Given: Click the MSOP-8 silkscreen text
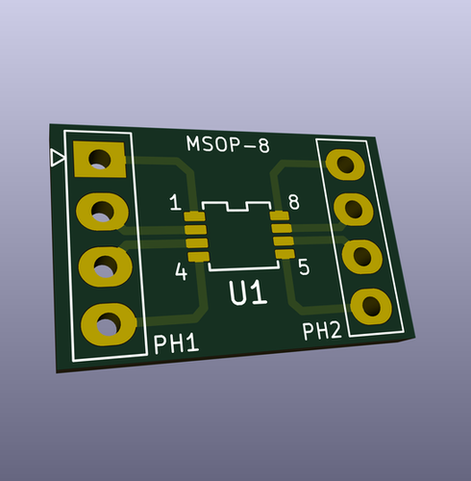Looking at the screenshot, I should point(229,146).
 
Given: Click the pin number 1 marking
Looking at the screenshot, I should point(174,203).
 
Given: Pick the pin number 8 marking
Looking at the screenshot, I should point(293,202).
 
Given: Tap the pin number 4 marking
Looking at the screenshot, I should point(181,272).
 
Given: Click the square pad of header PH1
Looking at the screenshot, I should point(98,158).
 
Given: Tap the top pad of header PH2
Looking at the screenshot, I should point(344,163).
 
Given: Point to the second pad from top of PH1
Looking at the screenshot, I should point(101,209).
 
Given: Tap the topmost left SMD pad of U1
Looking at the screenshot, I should point(193,217).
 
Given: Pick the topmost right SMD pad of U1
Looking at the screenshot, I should point(280,216).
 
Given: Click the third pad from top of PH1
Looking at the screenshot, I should point(104,265).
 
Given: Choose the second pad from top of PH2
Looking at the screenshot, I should point(353,208).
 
